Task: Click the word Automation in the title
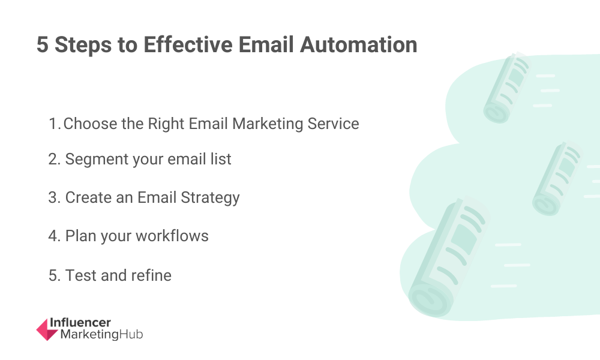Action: [x=358, y=44]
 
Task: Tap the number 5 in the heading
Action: [x=43, y=44]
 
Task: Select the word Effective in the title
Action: [x=188, y=44]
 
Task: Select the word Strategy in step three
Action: [x=210, y=198]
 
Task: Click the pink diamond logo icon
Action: [x=47, y=329]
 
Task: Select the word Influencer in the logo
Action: [x=80, y=323]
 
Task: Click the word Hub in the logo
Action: [x=131, y=334]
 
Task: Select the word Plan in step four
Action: [x=80, y=236]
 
